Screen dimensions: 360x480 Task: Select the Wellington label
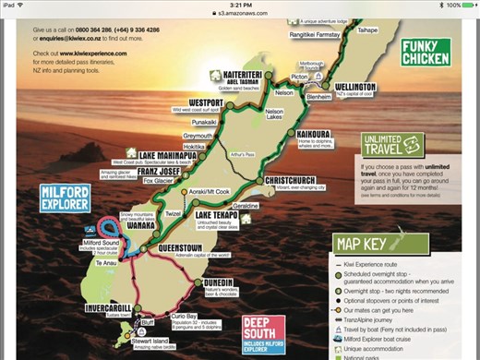coord(350,87)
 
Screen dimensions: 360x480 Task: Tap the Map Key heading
coord(374,243)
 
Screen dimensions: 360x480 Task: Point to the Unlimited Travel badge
coord(390,145)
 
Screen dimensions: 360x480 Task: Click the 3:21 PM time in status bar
coord(239,5)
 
